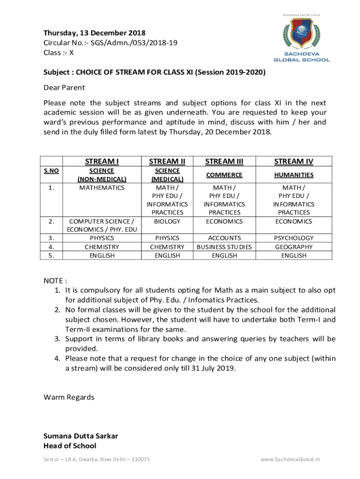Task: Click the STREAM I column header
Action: click(x=101, y=161)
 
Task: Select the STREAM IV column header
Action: click(x=294, y=161)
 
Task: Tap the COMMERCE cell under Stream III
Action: click(x=224, y=174)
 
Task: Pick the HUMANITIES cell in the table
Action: click(x=294, y=174)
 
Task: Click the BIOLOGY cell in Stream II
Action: click(x=167, y=221)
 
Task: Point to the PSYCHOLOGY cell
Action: click(x=294, y=238)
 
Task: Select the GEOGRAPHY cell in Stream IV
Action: click(x=294, y=247)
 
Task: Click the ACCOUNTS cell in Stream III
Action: click(x=224, y=238)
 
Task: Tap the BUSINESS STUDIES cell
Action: click(x=224, y=247)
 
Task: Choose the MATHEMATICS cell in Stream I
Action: click(x=101, y=188)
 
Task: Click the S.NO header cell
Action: click(x=51, y=171)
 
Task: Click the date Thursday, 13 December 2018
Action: click(x=94, y=33)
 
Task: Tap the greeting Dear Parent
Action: click(x=64, y=87)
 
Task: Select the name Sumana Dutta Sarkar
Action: click(x=80, y=436)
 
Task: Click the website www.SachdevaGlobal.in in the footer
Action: click(x=290, y=459)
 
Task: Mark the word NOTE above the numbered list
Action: click(x=53, y=281)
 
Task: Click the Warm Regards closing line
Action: click(x=69, y=397)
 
